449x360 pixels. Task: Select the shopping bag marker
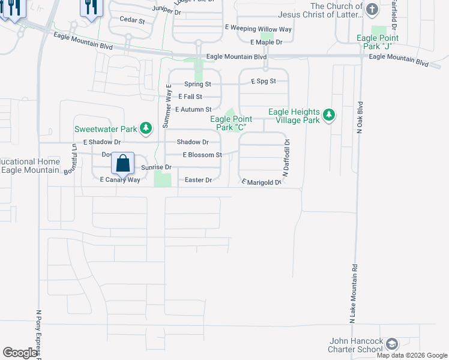122,163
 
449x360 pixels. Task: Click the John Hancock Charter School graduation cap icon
392,344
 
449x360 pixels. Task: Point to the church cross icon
372,9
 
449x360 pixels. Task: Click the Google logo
20,353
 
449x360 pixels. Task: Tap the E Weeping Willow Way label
258,28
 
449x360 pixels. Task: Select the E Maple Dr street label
266,42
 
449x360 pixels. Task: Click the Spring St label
198,84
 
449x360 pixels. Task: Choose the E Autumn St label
193,109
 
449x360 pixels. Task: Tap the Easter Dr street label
199,180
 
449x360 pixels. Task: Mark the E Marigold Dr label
261,182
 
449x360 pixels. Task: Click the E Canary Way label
119,180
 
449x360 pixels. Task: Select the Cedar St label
133,20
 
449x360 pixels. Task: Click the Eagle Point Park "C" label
231,123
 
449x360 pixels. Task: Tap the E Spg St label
263,80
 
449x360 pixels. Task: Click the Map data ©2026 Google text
412,355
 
